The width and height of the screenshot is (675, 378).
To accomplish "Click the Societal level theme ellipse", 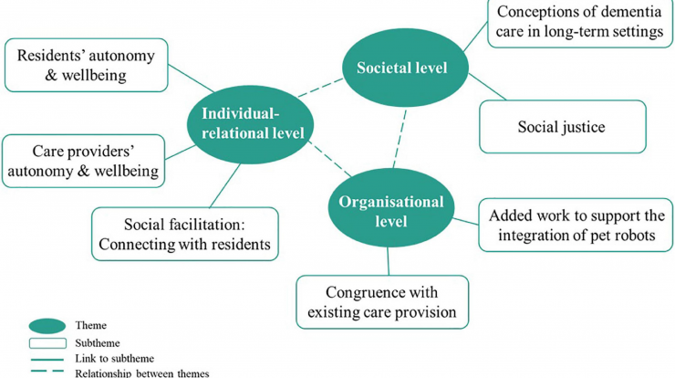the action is [405, 68].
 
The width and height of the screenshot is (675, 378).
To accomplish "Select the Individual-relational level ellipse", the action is [250, 124].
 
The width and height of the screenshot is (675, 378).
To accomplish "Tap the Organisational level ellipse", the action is [391, 208].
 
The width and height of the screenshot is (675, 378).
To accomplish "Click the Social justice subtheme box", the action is [563, 127].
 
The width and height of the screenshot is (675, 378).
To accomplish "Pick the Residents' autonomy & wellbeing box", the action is [86, 65].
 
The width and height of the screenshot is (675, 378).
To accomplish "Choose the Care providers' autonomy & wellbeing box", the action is [84, 161].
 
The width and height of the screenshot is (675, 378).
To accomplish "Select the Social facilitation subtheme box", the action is [185, 234].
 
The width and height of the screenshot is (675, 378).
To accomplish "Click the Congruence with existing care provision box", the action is [382, 302].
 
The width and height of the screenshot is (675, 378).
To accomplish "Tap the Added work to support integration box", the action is [576, 225].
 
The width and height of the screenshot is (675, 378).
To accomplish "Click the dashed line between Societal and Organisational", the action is [400, 139].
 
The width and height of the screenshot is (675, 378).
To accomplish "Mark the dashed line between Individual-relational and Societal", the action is [320, 88].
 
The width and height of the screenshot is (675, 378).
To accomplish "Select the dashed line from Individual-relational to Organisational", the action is [330, 160].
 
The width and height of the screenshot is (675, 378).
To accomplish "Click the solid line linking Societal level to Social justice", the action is [487, 87].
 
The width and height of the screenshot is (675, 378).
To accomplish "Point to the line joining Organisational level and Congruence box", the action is [388, 261].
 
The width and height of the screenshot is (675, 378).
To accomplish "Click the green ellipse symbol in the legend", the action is [47, 326].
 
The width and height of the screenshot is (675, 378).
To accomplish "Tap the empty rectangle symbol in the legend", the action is [47, 343].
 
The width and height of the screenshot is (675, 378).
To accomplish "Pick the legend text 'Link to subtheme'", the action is [115, 358].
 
